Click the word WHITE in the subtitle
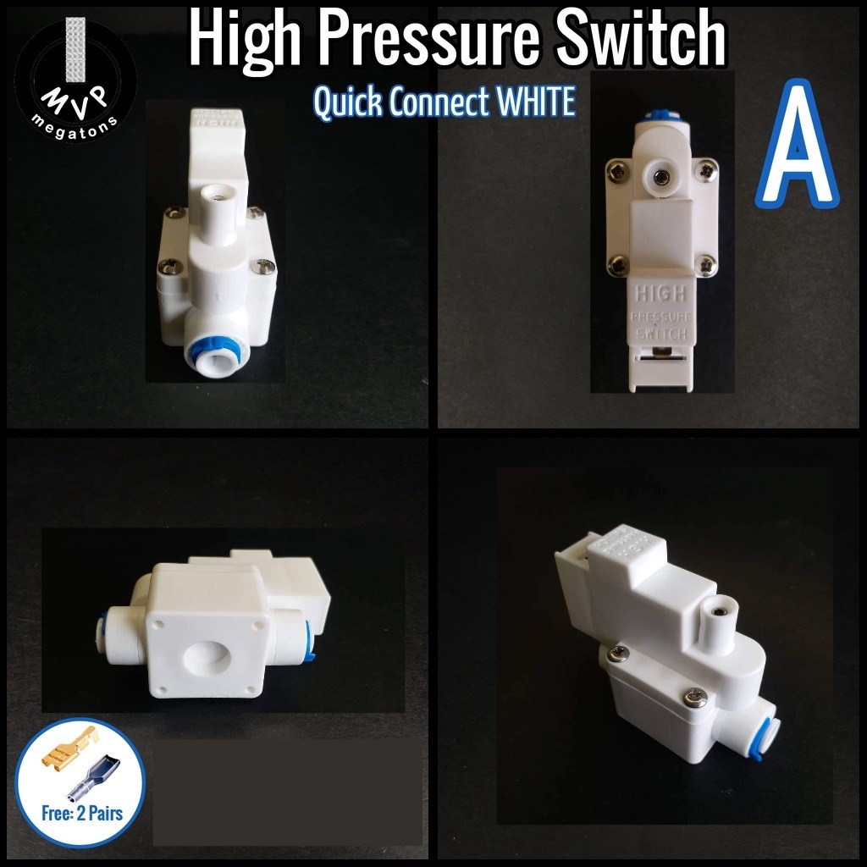536,102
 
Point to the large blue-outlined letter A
797,144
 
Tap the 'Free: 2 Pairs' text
82,814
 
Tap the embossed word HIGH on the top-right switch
660,296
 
